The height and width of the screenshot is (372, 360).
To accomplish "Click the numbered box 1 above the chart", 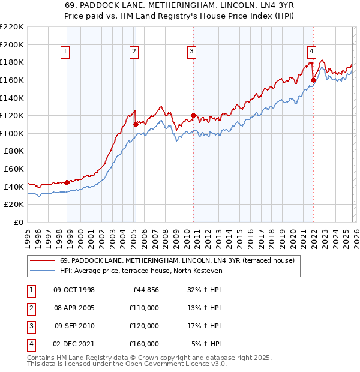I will (65, 52).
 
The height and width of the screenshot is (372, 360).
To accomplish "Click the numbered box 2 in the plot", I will (134, 52).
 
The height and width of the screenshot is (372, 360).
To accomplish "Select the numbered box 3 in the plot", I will (191, 52).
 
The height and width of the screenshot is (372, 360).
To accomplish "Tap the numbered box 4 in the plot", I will (312, 52).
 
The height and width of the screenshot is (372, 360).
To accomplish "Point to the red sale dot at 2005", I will (135, 124).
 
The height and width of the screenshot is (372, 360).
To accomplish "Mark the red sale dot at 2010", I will (193, 115).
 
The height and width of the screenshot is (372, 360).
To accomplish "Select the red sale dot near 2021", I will (314, 80).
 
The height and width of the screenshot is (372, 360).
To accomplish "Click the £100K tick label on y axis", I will (12, 133).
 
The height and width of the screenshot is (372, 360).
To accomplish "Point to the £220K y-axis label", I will (12, 27).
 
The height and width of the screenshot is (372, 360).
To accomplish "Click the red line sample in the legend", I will (42, 261).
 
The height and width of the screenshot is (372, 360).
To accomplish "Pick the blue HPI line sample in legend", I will (42, 271).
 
